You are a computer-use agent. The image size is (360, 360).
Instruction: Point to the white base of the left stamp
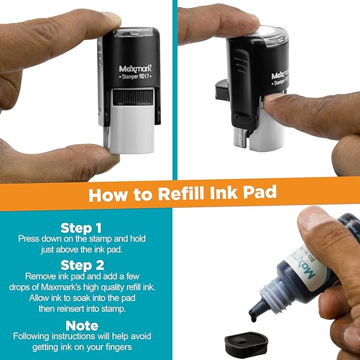point(130,127)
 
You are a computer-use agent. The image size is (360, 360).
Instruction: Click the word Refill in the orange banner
point(178,194)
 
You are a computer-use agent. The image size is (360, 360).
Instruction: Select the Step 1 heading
point(81,228)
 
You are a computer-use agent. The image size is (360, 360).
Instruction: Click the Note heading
point(82,324)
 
